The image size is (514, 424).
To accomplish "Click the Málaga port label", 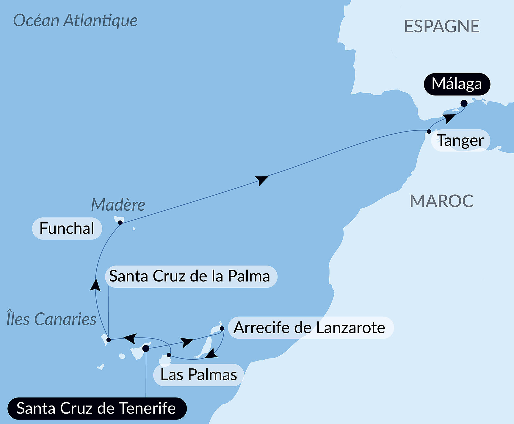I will pos(457,84).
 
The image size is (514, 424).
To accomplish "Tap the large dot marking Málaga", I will pos(464,104).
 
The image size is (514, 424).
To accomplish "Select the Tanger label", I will pos(460,140).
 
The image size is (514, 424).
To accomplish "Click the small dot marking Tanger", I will pos(429,131).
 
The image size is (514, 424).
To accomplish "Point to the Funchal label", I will pos(67,229).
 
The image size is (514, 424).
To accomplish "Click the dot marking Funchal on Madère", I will pos(120,223).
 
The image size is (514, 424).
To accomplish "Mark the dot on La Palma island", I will pos(109,339).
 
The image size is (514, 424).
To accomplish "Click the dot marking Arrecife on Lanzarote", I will pos(222,328).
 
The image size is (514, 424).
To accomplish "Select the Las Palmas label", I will pos(198,375).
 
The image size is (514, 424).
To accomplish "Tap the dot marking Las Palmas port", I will pos(169,355).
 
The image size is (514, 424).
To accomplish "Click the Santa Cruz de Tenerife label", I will pos(97,408).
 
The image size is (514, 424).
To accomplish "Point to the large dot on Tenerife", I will pos(146,348).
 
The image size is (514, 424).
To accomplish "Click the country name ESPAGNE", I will pos(442,26).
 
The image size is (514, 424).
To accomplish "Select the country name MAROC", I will pos(441,201).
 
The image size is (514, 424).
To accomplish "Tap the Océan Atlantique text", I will pos(75,21).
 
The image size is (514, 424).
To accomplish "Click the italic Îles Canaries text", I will pos(51,319).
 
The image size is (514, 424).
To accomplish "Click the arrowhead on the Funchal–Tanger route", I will pos(262,179).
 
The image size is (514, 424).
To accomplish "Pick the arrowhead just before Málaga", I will pos(449,118).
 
